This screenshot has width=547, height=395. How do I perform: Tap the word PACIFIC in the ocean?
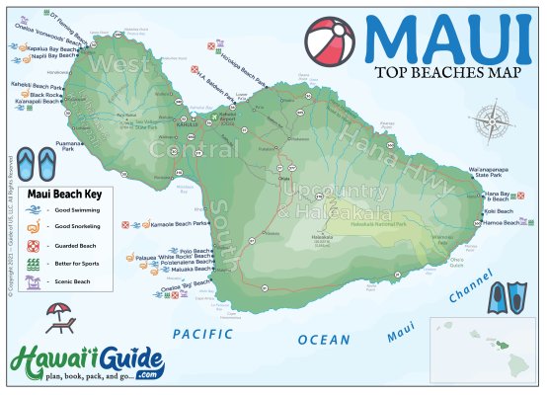pos(201,334)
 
